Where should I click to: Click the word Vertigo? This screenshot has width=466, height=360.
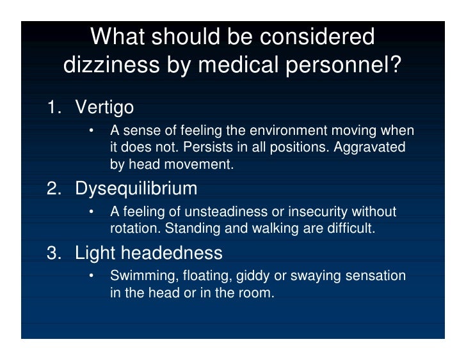(x=104, y=107)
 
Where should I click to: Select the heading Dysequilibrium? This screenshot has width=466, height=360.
(x=136, y=189)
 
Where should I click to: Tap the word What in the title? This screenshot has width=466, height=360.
(x=119, y=37)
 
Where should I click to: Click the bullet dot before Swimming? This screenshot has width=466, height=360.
(x=91, y=276)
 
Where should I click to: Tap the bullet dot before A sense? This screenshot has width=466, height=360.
(x=91, y=131)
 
